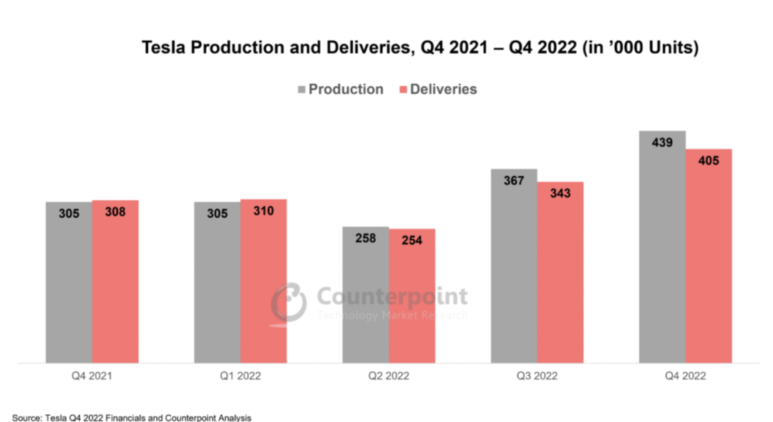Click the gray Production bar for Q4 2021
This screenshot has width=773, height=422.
pyautogui.click(x=69, y=287)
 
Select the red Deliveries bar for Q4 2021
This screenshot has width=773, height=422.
pyautogui.click(x=115, y=287)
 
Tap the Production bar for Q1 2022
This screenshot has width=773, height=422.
pyautogui.click(x=217, y=287)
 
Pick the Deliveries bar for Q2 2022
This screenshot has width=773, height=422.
pyautogui.click(x=412, y=301)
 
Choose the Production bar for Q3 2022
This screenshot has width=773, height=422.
pyautogui.click(x=514, y=272)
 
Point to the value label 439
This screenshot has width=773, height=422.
pyautogui.click(x=662, y=143)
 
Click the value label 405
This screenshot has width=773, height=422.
pyautogui.click(x=709, y=160)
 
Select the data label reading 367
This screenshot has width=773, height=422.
pyautogui.click(x=514, y=181)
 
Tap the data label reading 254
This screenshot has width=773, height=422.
pyautogui.click(x=412, y=240)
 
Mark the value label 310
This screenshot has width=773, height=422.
pyautogui.click(x=263, y=211)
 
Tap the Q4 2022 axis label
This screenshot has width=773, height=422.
pyautogui.click(x=685, y=375)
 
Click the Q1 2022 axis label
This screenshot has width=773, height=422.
pyautogui.click(x=240, y=375)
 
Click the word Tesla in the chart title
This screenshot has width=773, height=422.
pyautogui.click(x=164, y=48)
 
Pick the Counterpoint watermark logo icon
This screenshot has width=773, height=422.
pyautogui.click(x=288, y=301)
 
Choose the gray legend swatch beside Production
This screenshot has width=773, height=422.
pyautogui.click(x=303, y=90)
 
